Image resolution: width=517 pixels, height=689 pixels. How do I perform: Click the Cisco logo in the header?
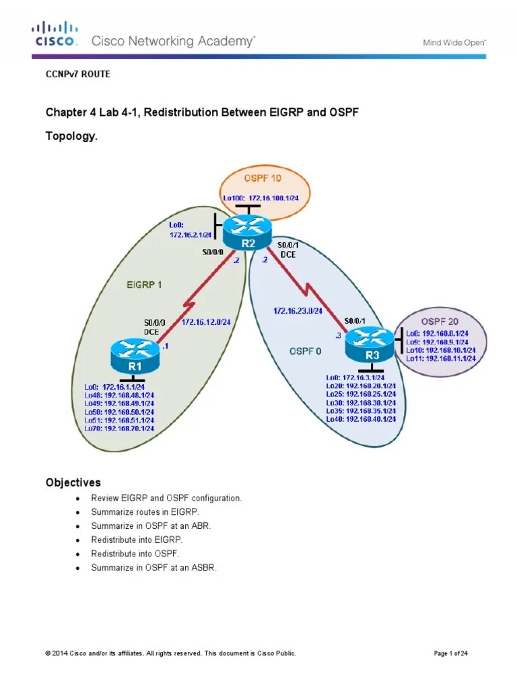56,34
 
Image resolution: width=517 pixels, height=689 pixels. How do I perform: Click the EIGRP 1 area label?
144,285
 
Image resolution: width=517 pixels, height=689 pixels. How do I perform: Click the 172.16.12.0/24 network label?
206,322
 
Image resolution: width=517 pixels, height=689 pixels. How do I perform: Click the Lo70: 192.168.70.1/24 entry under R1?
119,428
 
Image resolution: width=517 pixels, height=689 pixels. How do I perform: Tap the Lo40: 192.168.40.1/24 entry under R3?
361,419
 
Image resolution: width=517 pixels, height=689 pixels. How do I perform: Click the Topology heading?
71,136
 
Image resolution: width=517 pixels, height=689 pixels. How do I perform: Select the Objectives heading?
73,482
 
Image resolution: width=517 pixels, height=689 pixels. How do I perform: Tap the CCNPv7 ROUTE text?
77,75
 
